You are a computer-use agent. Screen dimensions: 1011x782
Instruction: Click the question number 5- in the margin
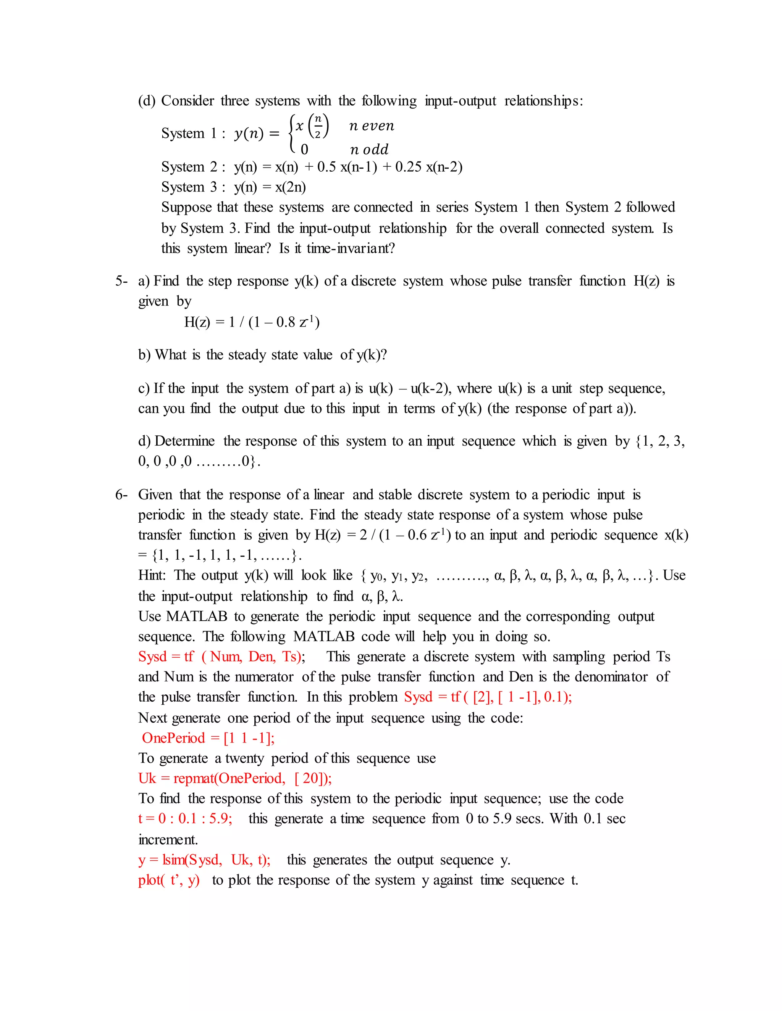pos(121,281)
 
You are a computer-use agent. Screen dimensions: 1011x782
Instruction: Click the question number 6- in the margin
pos(121,494)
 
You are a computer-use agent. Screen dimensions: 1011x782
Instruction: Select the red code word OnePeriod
pos(173,738)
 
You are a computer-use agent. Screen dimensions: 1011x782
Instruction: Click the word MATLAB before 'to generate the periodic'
pos(196,616)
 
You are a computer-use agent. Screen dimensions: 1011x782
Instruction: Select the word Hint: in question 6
pos(152,575)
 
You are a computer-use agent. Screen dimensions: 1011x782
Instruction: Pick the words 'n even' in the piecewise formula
pos(372,126)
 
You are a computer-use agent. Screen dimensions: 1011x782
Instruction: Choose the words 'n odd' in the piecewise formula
pos(369,150)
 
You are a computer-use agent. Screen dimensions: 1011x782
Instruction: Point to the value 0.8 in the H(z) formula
pos(286,322)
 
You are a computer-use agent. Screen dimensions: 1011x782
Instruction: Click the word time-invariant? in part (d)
pos(351,249)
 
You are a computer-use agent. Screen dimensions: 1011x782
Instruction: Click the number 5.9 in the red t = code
pos(220,818)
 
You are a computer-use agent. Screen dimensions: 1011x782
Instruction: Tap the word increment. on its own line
pos(168,839)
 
